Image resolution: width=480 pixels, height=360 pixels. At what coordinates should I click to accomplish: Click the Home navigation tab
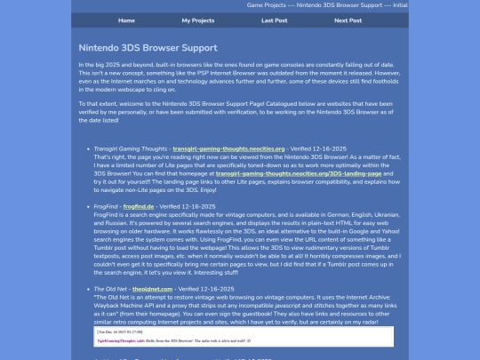pos(126,20)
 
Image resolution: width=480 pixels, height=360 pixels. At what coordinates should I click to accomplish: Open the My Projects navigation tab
pos(197,20)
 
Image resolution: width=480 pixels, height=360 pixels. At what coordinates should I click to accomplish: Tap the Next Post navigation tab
pos(348,20)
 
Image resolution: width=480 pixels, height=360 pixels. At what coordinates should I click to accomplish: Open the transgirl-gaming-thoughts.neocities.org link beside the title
pos(228,148)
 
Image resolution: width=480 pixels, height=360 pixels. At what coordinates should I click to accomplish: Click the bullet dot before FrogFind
pos(85,205)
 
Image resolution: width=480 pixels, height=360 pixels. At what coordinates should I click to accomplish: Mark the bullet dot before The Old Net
pos(85,289)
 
